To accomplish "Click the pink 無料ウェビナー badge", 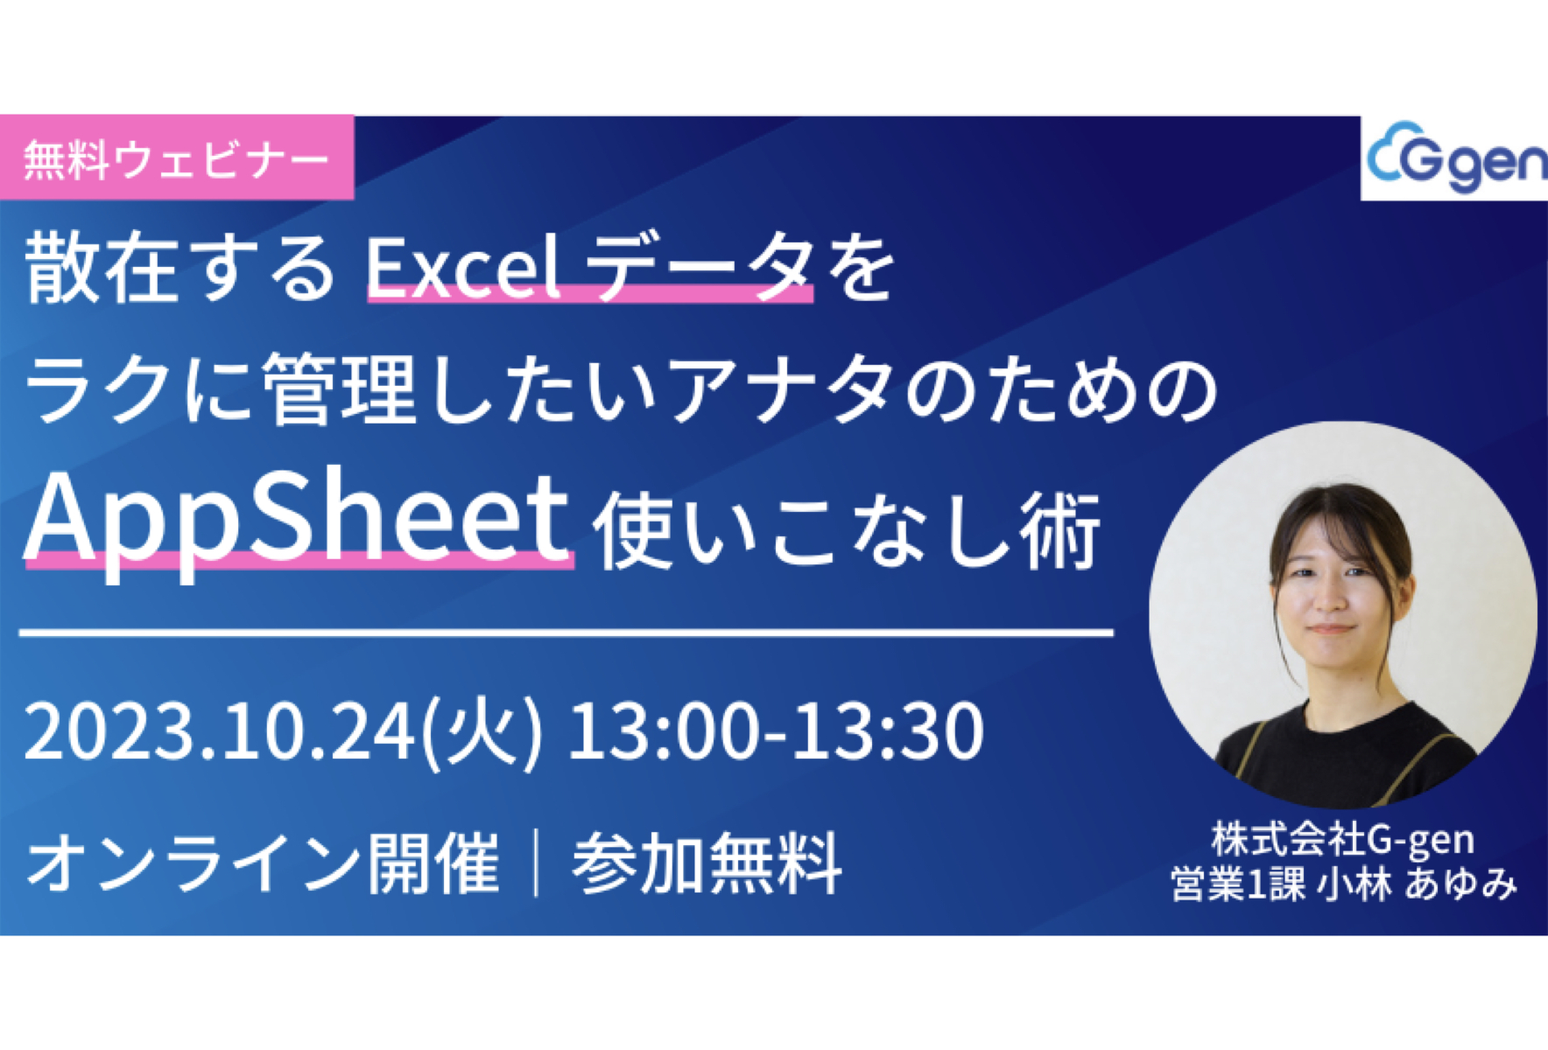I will pos(176,158).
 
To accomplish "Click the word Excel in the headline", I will pos(462,268).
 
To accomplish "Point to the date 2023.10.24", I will pos(219,731).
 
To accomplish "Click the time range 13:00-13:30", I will pos(776,731).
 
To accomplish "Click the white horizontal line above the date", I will pos(566,632).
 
